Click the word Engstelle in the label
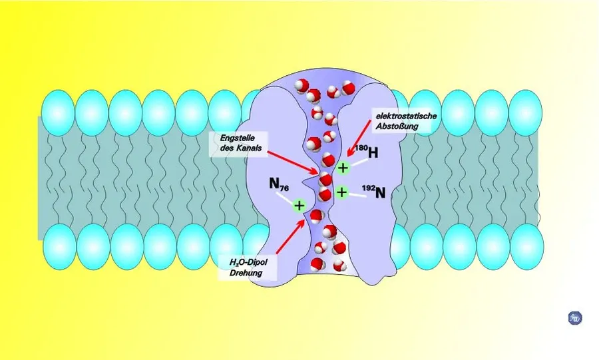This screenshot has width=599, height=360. [237, 138]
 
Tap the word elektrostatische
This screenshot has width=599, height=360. [406, 116]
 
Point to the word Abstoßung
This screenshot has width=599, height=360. [397, 126]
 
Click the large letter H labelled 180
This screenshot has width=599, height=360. [373, 152]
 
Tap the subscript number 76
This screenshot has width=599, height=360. [284, 188]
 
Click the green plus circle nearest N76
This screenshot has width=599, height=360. [299, 206]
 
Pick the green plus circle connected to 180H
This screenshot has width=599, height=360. [343, 168]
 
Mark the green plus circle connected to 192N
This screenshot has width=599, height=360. [341, 192]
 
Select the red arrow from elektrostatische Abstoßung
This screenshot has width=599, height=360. [358, 138]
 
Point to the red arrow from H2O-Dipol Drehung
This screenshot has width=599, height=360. [290, 236]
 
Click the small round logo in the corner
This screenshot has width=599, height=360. [575, 318]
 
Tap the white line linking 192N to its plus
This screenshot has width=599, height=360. [357, 195]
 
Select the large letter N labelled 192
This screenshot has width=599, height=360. [380, 193]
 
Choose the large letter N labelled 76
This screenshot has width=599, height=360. [274, 183]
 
